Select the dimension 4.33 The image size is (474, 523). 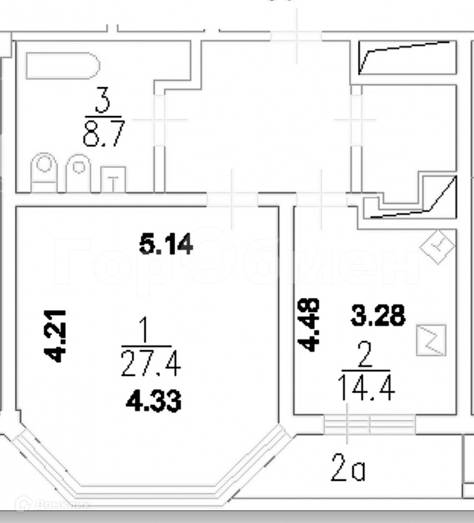pos(154,401)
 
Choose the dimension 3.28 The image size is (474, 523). pos(378,316)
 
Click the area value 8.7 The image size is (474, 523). pos(103,134)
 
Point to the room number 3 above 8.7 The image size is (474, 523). pos(103,104)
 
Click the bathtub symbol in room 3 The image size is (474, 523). pos(62,67)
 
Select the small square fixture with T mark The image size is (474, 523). pos(113,179)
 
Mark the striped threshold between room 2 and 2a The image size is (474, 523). pos(369,425)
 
